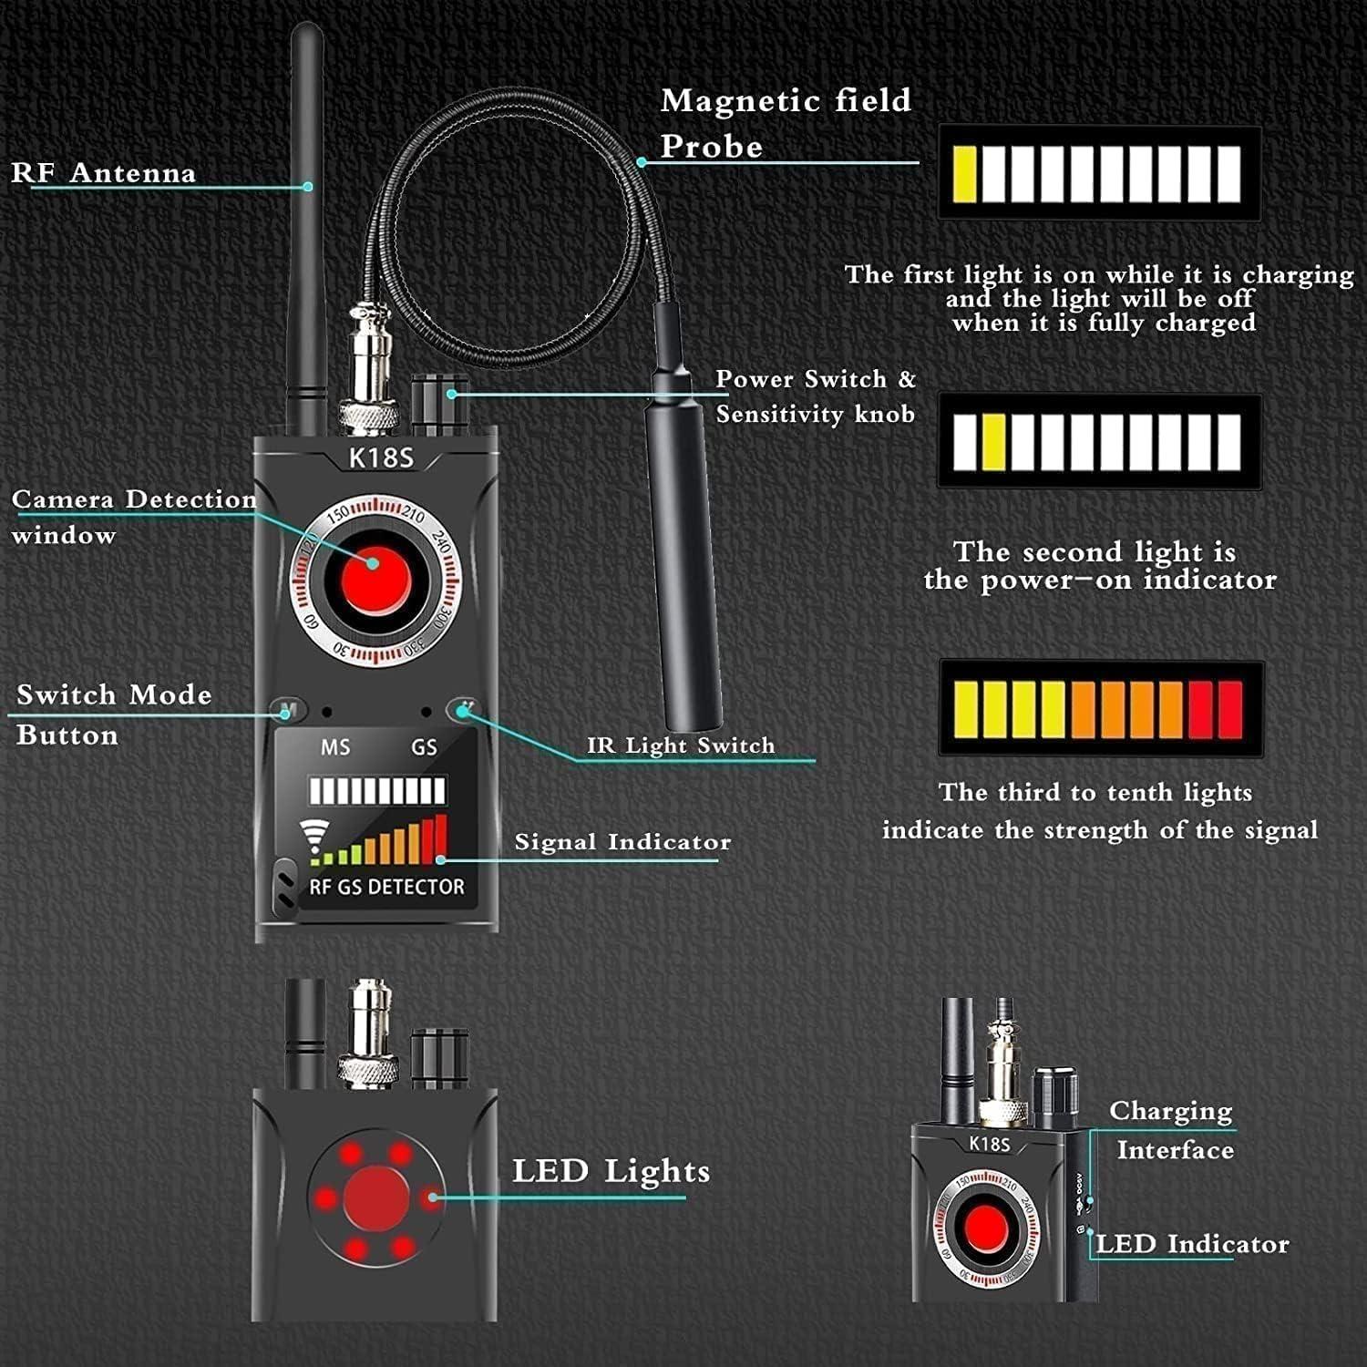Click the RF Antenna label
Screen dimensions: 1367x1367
click(x=103, y=172)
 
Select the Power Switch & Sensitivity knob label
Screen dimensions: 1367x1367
click(x=815, y=396)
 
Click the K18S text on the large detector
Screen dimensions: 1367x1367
click(x=381, y=457)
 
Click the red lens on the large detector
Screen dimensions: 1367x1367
click(x=375, y=581)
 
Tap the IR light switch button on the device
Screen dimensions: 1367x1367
click(x=464, y=709)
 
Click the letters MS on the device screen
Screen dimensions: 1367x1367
click(x=335, y=747)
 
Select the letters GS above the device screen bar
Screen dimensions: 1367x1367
click(x=424, y=747)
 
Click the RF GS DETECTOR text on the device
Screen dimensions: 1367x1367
click(x=386, y=887)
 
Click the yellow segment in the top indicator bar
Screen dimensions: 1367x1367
click(x=964, y=174)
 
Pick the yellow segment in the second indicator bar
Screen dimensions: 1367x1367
click(x=993, y=442)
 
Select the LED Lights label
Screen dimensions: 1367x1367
click(x=611, y=1171)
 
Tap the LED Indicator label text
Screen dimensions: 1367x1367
click(x=1192, y=1244)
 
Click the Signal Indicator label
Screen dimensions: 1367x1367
click(x=622, y=841)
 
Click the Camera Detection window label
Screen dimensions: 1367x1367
click(x=132, y=516)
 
